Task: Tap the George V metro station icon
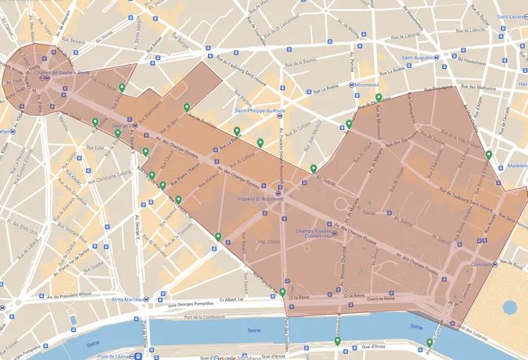click(x=136, y=125)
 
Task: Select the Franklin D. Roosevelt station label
click(x=260, y=200)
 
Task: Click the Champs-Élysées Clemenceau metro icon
click(x=336, y=232)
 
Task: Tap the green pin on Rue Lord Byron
click(x=122, y=88)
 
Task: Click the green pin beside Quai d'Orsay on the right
click(x=429, y=342)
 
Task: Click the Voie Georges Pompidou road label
click(x=183, y=299)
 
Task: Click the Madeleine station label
click(x=515, y=166)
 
